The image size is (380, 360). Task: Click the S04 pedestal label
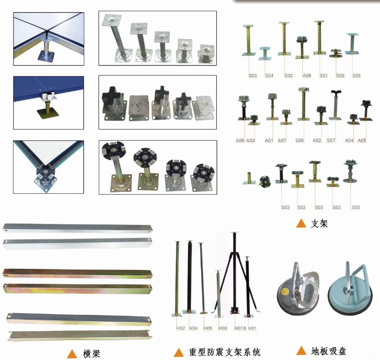pos(269,75)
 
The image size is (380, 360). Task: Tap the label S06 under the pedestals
pos(340,75)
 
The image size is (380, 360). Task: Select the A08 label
pos(307,75)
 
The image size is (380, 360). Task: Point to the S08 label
pos(299,140)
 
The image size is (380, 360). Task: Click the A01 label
pos(269,140)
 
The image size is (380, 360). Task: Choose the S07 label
pos(331,140)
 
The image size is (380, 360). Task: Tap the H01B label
pos(240,328)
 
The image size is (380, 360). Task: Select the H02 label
pos(181,328)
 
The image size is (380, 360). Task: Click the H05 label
pos(208,328)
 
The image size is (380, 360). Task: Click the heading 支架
pos(320,223)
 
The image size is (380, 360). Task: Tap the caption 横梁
pos(92,354)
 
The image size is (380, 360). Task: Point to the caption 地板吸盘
pos(329,351)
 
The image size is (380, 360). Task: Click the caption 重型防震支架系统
pos(224,352)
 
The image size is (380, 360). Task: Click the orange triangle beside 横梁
pos(72,354)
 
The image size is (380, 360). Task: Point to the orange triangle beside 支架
pos(301,223)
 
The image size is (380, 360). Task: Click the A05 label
pos(362,140)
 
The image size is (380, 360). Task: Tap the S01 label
pos(324,75)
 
